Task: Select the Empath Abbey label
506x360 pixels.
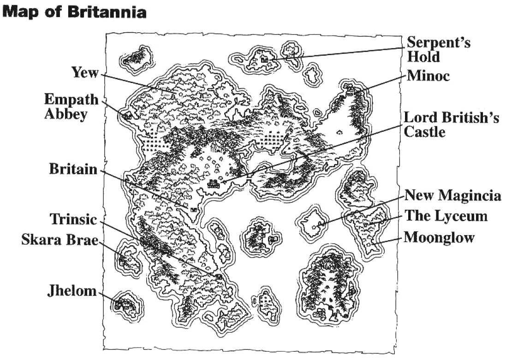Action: click(71, 106)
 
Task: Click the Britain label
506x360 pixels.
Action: click(74, 170)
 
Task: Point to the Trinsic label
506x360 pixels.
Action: click(74, 219)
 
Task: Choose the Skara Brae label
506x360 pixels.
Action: click(60, 241)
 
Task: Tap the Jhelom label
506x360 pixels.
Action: click(72, 291)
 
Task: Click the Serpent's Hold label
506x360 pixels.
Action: click(438, 50)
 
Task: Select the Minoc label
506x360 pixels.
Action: click(428, 76)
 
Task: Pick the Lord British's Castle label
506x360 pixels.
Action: click(451, 124)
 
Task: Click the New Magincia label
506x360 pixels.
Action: click(452, 195)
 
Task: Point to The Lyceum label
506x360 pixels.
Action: click(446, 216)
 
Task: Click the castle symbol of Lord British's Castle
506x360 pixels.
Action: click(214, 184)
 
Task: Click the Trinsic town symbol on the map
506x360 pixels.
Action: click(219, 277)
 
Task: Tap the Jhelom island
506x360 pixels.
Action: click(125, 304)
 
